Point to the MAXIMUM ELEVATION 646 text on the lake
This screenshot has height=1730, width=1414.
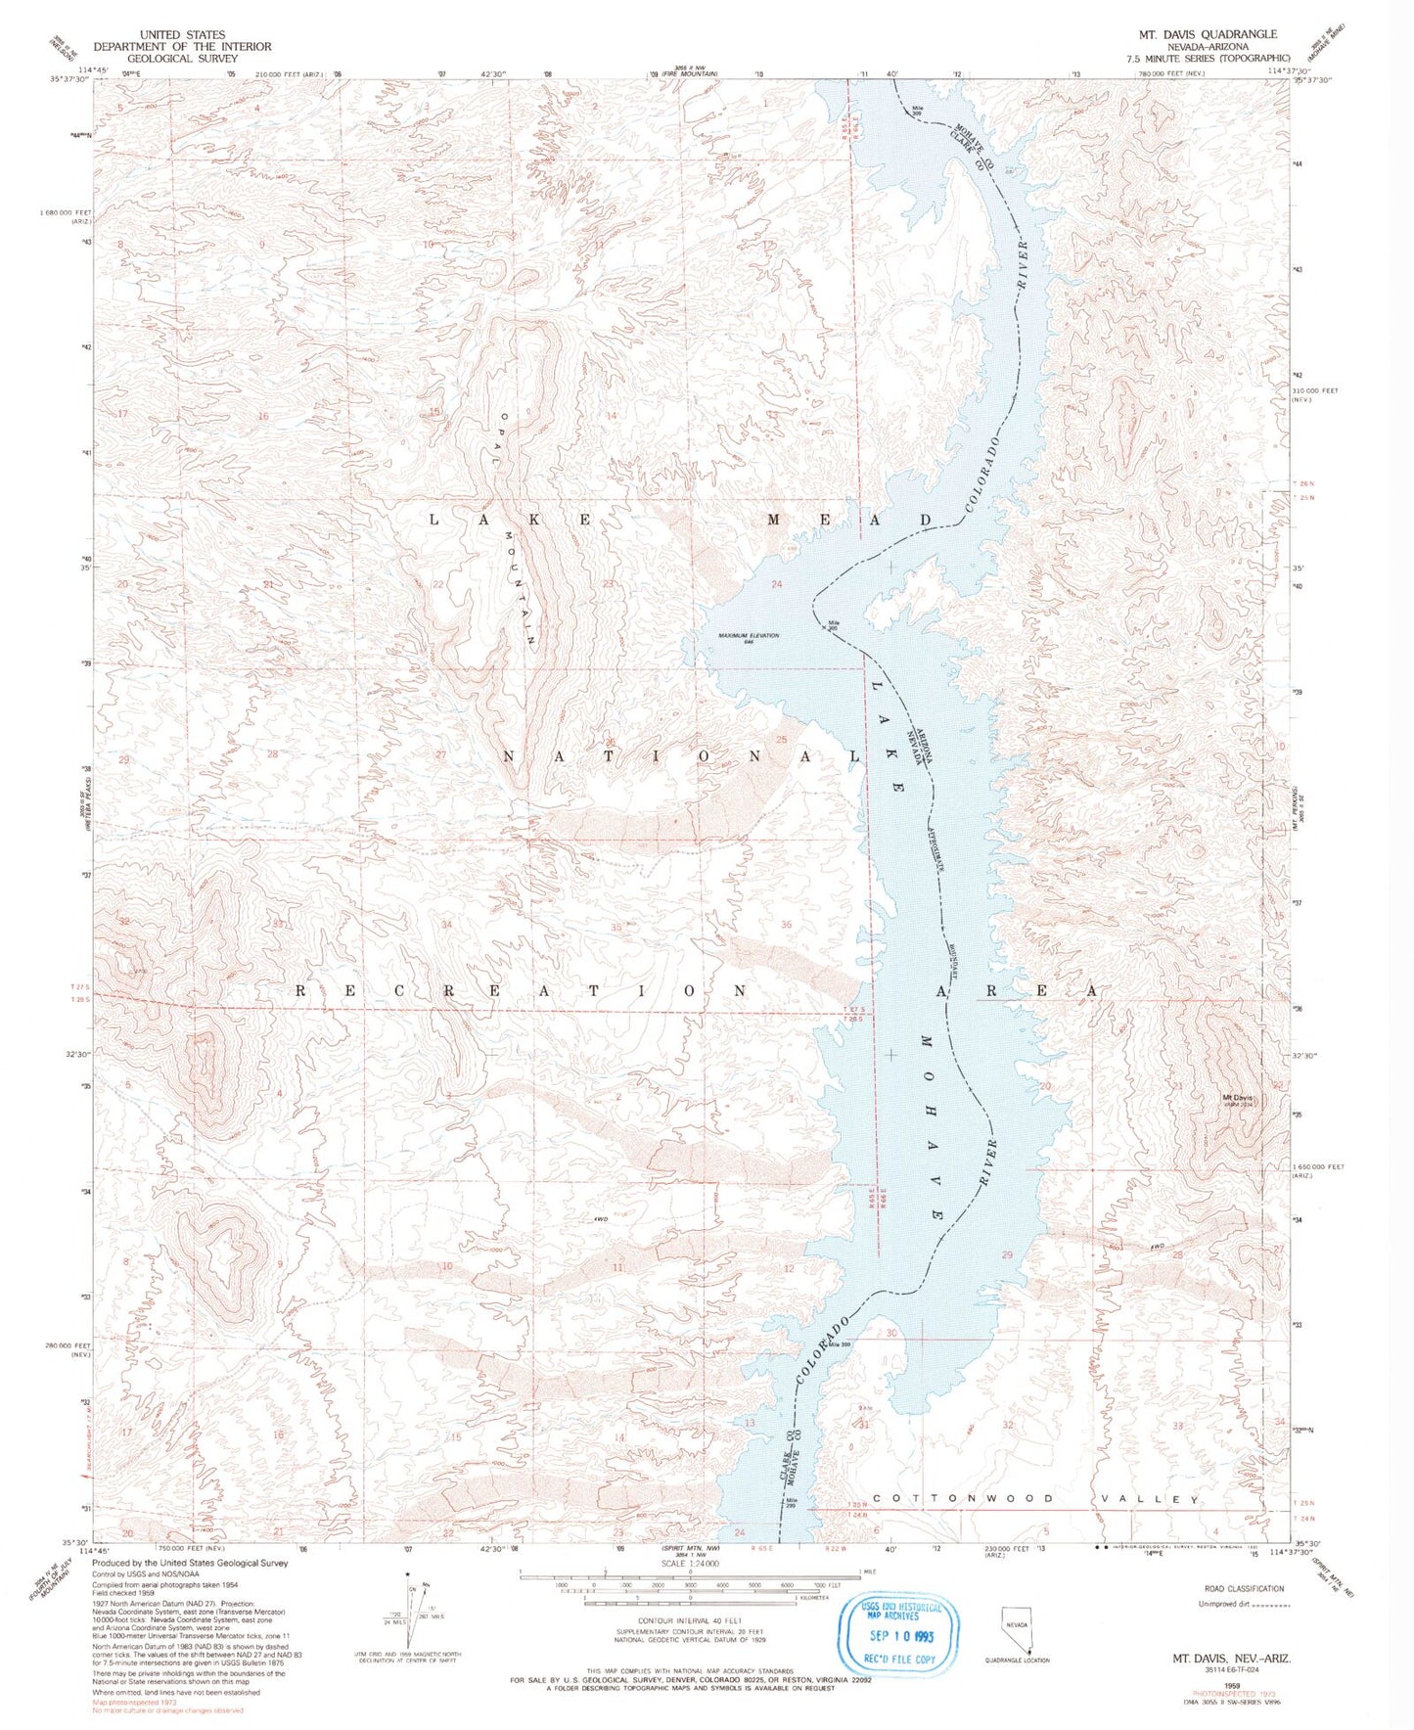(749, 638)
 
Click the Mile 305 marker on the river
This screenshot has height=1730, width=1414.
(834, 625)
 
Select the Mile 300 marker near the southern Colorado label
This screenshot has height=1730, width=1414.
(840, 1343)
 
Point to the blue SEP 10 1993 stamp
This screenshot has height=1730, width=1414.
(890, 1634)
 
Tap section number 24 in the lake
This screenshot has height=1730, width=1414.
(778, 584)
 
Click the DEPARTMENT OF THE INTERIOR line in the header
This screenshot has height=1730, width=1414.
(182, 46)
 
